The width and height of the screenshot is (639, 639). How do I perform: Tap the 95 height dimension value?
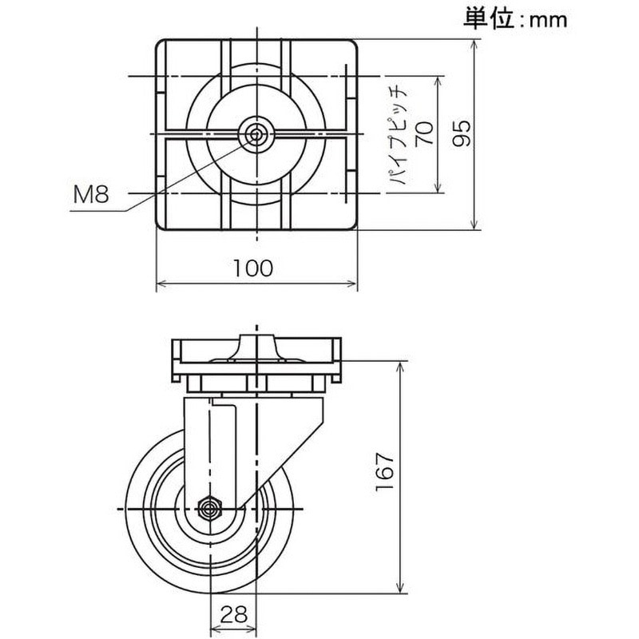461,134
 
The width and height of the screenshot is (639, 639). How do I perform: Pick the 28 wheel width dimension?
233,614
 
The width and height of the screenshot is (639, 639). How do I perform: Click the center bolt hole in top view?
256,134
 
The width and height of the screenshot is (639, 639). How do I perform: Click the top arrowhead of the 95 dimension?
478,45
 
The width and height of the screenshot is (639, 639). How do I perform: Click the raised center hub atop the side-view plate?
256,348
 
